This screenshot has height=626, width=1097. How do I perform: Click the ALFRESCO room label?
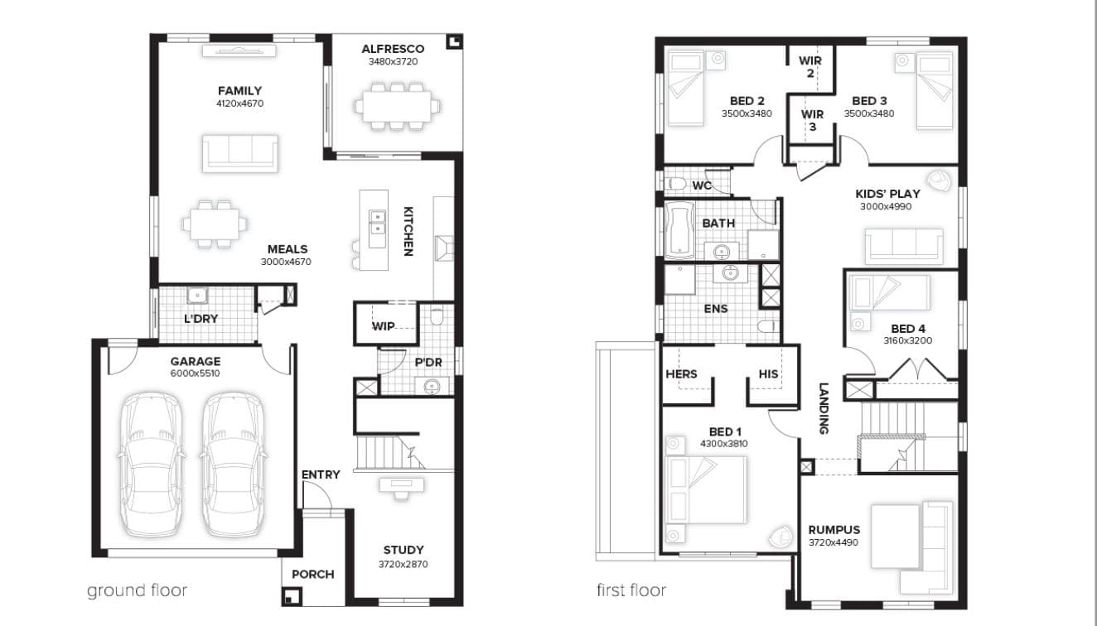click(393, 49)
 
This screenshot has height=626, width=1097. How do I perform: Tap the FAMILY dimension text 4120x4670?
click(240, 104)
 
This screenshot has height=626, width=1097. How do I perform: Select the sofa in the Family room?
click(240, 153)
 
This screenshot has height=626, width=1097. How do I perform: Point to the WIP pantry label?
click(383, 326)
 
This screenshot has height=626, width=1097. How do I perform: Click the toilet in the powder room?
click(437, 315)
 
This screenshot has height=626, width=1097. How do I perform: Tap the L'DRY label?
click(201, 319)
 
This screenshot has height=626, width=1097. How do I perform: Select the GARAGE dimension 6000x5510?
click(195, 373)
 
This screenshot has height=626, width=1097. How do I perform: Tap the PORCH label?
click(313, 574)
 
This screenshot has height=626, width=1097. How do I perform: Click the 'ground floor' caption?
click(138, 590)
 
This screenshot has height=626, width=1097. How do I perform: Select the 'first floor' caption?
click(631, 590)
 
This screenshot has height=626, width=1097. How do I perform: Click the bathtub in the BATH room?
click(680, 230)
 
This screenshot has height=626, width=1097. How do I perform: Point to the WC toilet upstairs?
click(677, 184)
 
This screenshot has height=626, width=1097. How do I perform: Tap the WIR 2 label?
click(810, 67)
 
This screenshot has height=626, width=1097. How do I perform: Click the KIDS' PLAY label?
click(888, 194)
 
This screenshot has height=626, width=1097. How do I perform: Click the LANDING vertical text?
click(824, 408)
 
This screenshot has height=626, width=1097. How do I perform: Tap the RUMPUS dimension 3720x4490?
click(834, 542)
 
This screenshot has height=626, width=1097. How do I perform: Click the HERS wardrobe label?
click(681, 374)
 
